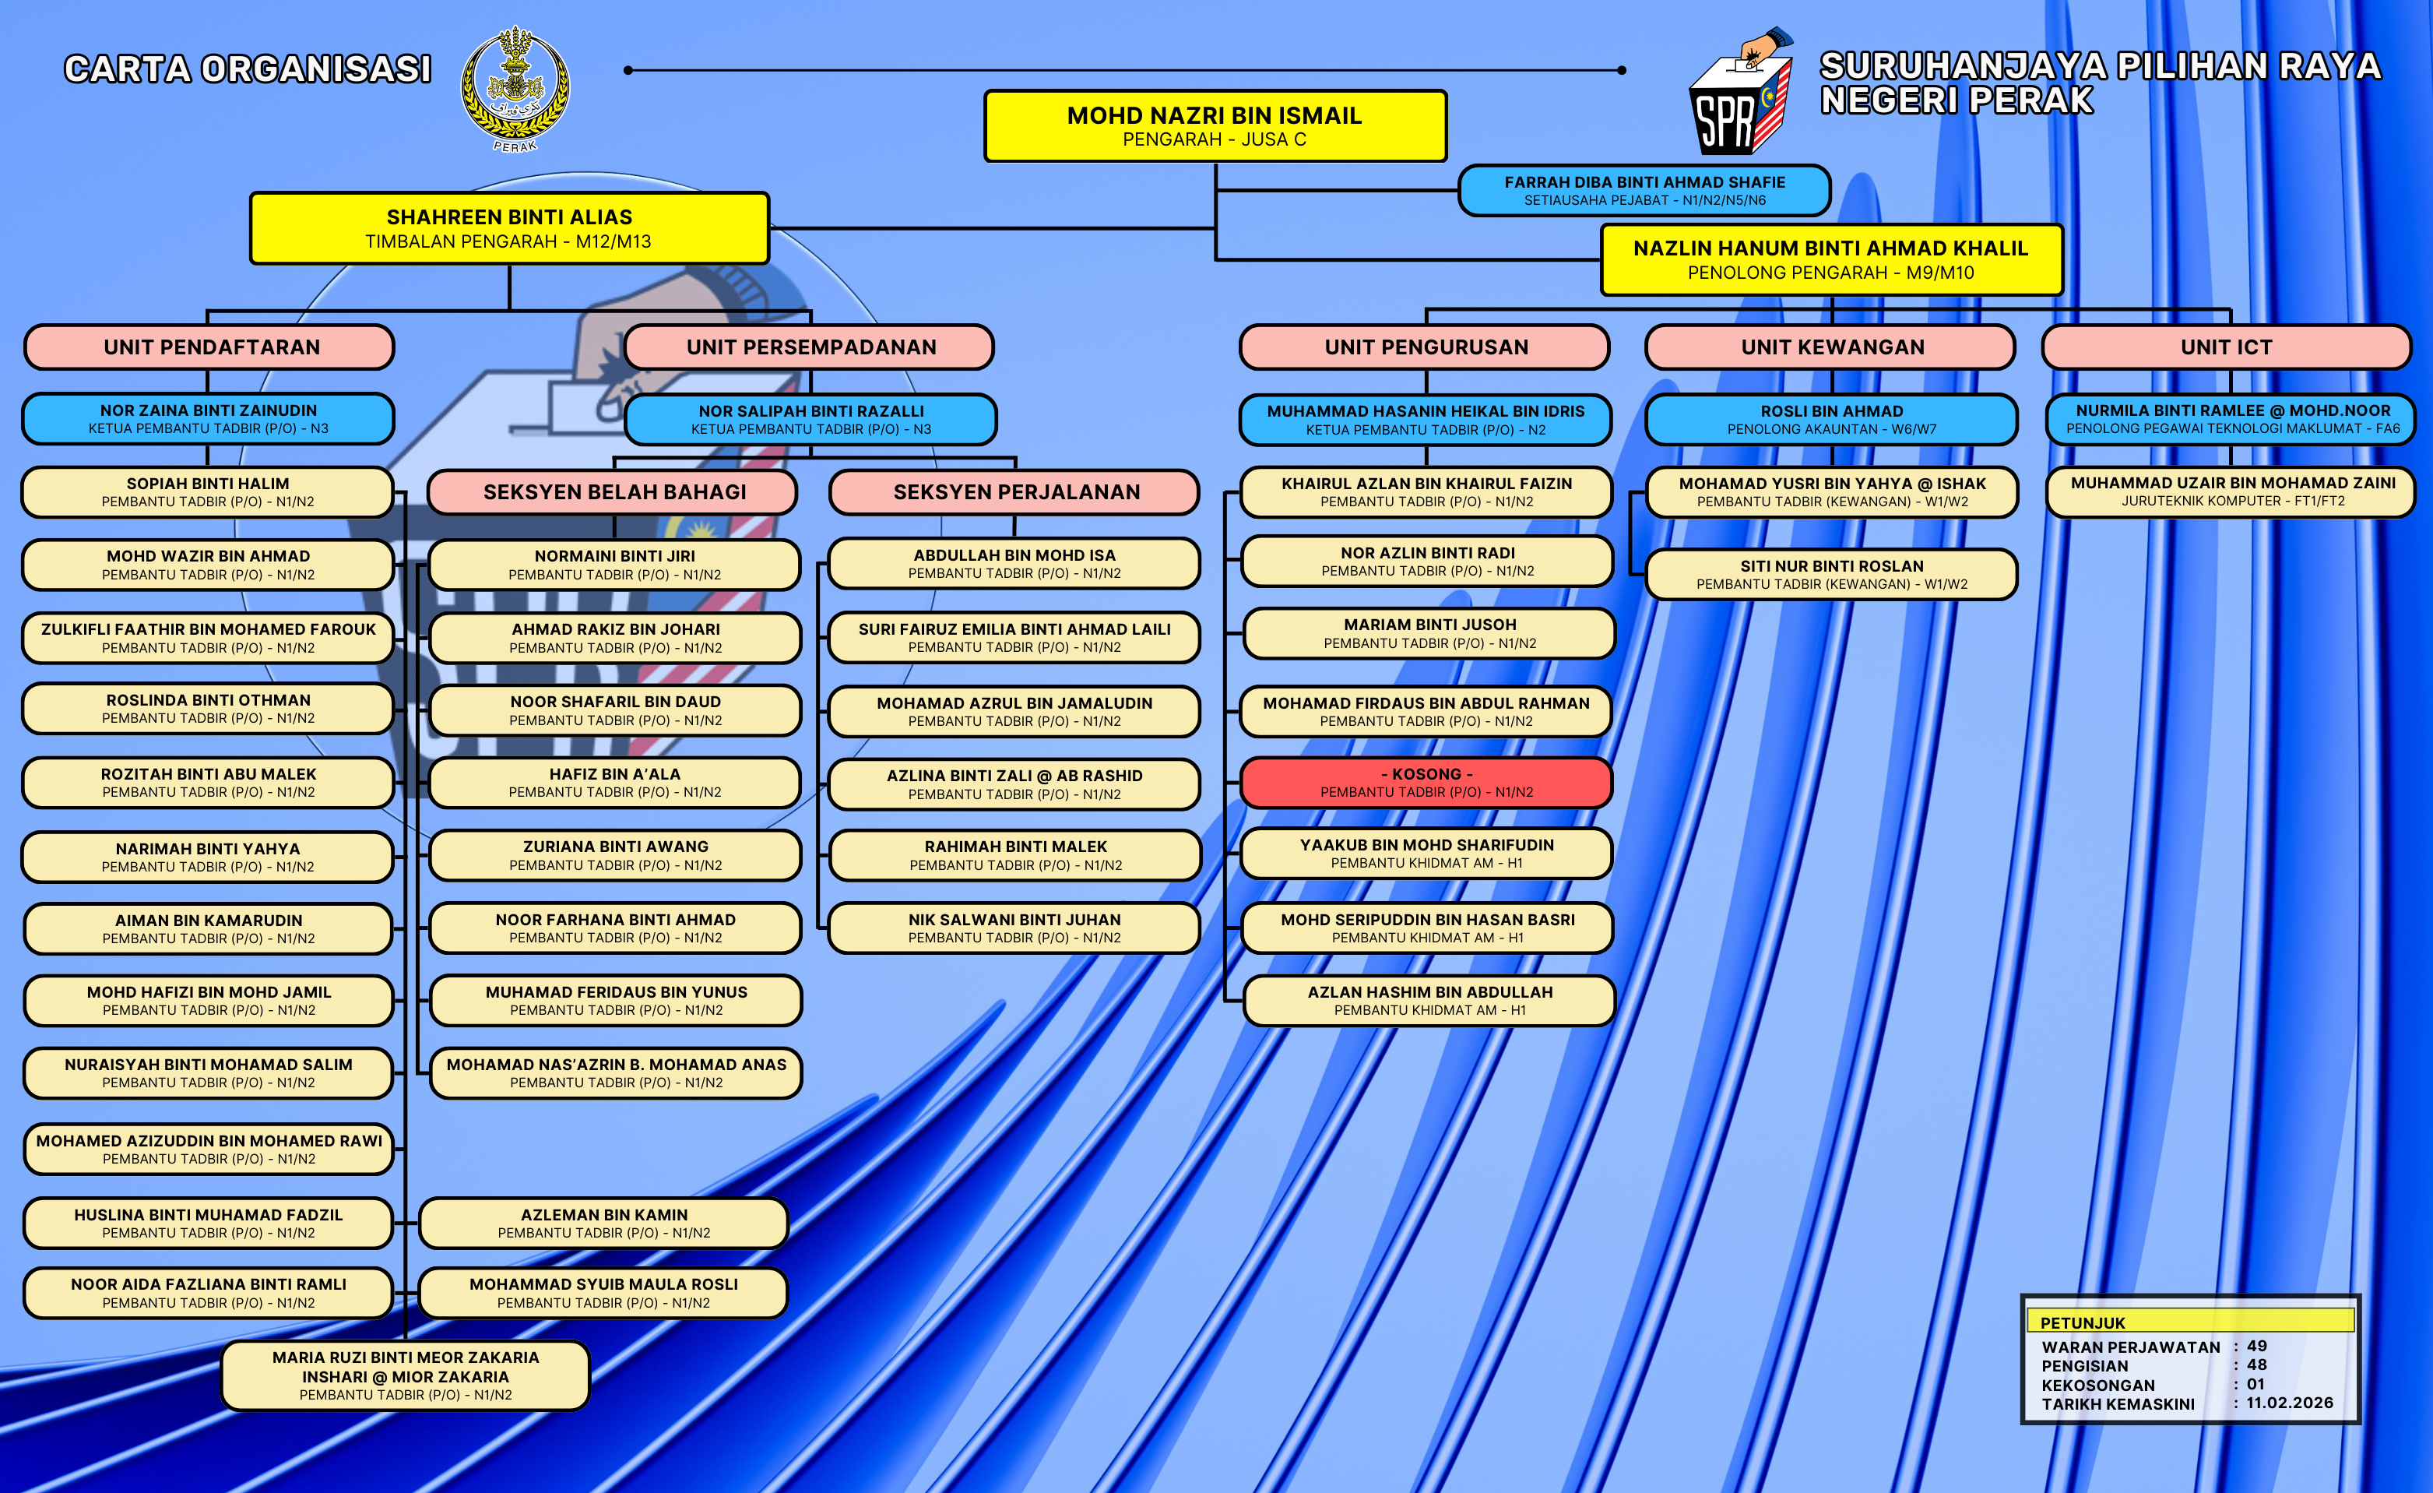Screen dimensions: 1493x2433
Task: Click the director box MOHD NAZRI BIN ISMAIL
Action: click(1215, 125)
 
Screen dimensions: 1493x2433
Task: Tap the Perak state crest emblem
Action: click(515, 89)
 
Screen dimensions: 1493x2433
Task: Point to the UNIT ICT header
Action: click(2226, 347)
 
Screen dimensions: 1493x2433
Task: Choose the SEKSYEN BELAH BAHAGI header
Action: click(614, 491)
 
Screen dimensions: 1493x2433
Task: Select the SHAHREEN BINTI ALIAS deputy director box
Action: click(508, 228)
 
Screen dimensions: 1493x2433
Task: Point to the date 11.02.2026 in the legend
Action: click(2289, 1402)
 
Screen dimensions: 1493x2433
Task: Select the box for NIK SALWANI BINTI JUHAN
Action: click(1014, 928)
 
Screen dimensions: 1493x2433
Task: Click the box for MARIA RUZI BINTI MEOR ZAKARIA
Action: click(406, 1375)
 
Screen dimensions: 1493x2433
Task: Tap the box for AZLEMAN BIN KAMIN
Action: click(603, 1223)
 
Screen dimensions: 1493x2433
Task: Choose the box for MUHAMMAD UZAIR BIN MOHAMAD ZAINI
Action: click(2231, 491)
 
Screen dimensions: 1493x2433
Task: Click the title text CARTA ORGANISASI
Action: click(248, 69)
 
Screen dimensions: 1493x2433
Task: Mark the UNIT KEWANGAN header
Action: click(1832, 347)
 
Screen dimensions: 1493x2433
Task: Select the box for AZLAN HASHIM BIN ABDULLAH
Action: click(1429, 999)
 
